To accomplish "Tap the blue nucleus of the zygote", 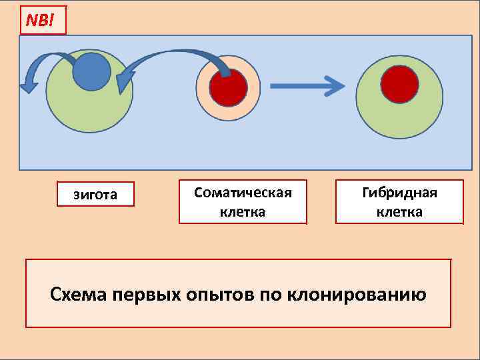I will coord(91,71).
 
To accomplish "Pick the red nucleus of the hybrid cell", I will coord(399,85).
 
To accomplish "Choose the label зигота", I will coord(95,195).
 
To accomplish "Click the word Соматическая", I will coord(243,193).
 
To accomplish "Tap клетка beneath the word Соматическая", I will coord(243,212).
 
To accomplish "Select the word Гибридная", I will coord(399,193).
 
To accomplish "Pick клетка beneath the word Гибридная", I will coord(399,212).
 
